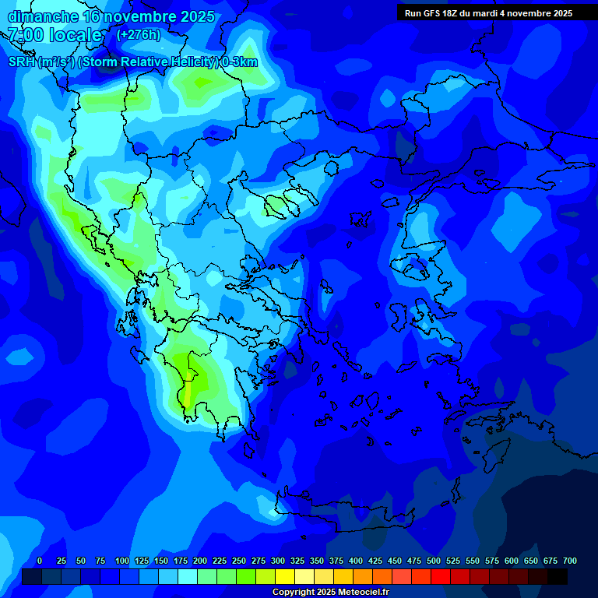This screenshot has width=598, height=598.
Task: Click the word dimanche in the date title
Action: pos(42,16)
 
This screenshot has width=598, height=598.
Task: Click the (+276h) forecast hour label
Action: pos(138,34)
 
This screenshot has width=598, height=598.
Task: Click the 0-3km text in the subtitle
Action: pos(240,62)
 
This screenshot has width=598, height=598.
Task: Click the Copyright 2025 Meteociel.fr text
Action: pos(330,593)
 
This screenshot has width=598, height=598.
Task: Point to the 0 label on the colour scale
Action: pos(40,561)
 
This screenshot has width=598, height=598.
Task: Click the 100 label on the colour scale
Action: pos(122,561)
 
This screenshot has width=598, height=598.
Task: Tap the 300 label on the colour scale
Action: pos(278,561)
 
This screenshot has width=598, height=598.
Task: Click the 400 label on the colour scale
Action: pos(356,561)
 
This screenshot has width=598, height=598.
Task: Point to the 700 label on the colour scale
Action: pos(569,561)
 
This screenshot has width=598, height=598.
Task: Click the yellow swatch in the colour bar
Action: pos(285,576)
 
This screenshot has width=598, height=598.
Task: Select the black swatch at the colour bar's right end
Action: pos(558,576)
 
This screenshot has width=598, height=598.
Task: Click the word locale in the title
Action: pos(75,35)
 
